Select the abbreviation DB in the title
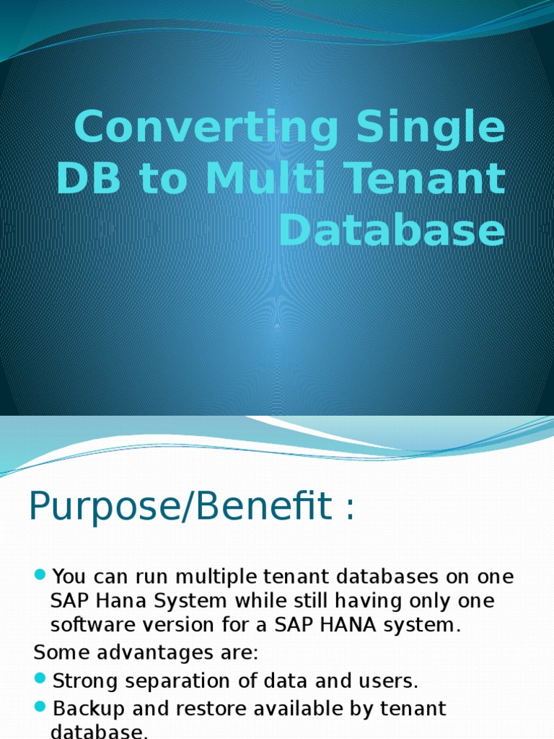87,180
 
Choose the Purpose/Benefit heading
192,508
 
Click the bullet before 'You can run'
40,576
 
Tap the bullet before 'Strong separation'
40,680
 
